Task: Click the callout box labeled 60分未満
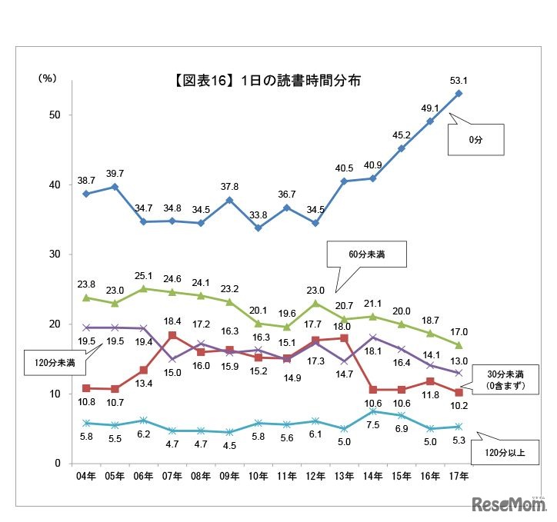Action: pos(366,253)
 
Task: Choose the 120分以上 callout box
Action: pos(510,452)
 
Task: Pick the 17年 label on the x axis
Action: pos(459,477)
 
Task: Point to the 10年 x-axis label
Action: pos(257,477)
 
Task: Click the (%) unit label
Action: pos(48,78)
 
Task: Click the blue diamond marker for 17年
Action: pos(459,94)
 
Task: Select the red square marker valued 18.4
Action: pos(172,335)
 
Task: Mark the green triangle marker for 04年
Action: pos(86,298)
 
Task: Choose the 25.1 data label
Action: pos(144,275)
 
